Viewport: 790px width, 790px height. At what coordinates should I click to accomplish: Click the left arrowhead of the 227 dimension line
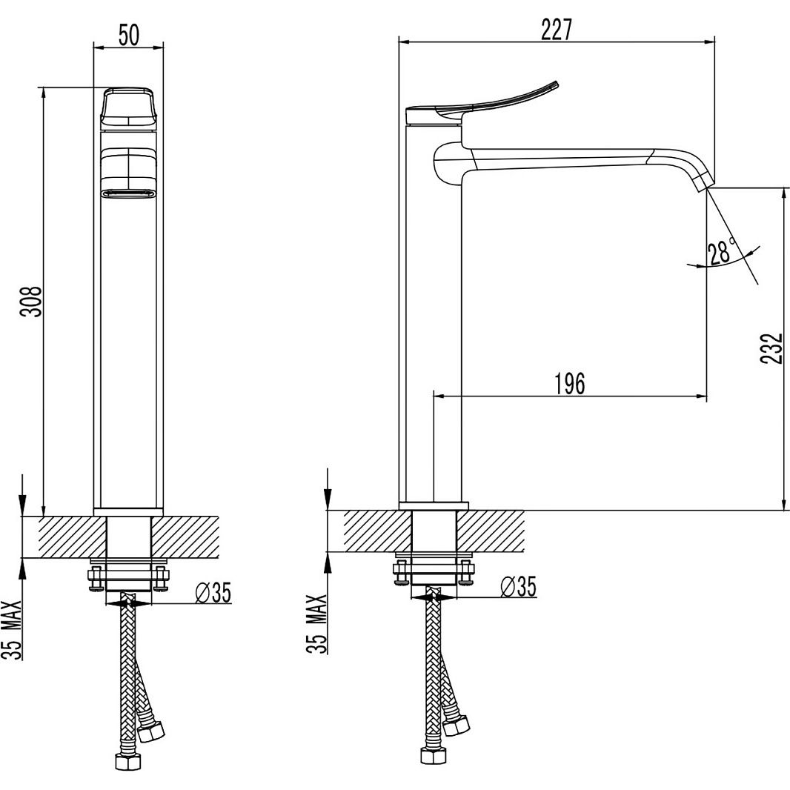click(x=404, y=43)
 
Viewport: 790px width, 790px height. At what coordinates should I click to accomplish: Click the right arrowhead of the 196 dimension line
click(x=702, y=396)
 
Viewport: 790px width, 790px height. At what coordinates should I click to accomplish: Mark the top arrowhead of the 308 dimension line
click(x=44, y=93)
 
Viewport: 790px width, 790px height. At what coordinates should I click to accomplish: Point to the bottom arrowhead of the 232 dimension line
click(x=783, y=505)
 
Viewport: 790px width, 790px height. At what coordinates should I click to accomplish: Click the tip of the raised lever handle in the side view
click(x=557, y=82)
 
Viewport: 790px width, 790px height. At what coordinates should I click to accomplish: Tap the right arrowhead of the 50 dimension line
click(x=159, y=48)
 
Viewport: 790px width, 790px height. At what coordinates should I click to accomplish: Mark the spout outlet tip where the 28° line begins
click(x=708, y=188)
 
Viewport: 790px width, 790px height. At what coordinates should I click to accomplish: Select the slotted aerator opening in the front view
click(x=128, y=193)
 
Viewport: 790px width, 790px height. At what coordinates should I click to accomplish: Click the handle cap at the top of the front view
click(x=128, y=108)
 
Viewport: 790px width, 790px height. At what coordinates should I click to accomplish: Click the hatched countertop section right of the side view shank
click(x=491, y=531)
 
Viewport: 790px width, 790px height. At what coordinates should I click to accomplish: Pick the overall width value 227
click(x=557, y=29)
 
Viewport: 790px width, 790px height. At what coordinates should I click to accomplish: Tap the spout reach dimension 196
click(x=570, y=384)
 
